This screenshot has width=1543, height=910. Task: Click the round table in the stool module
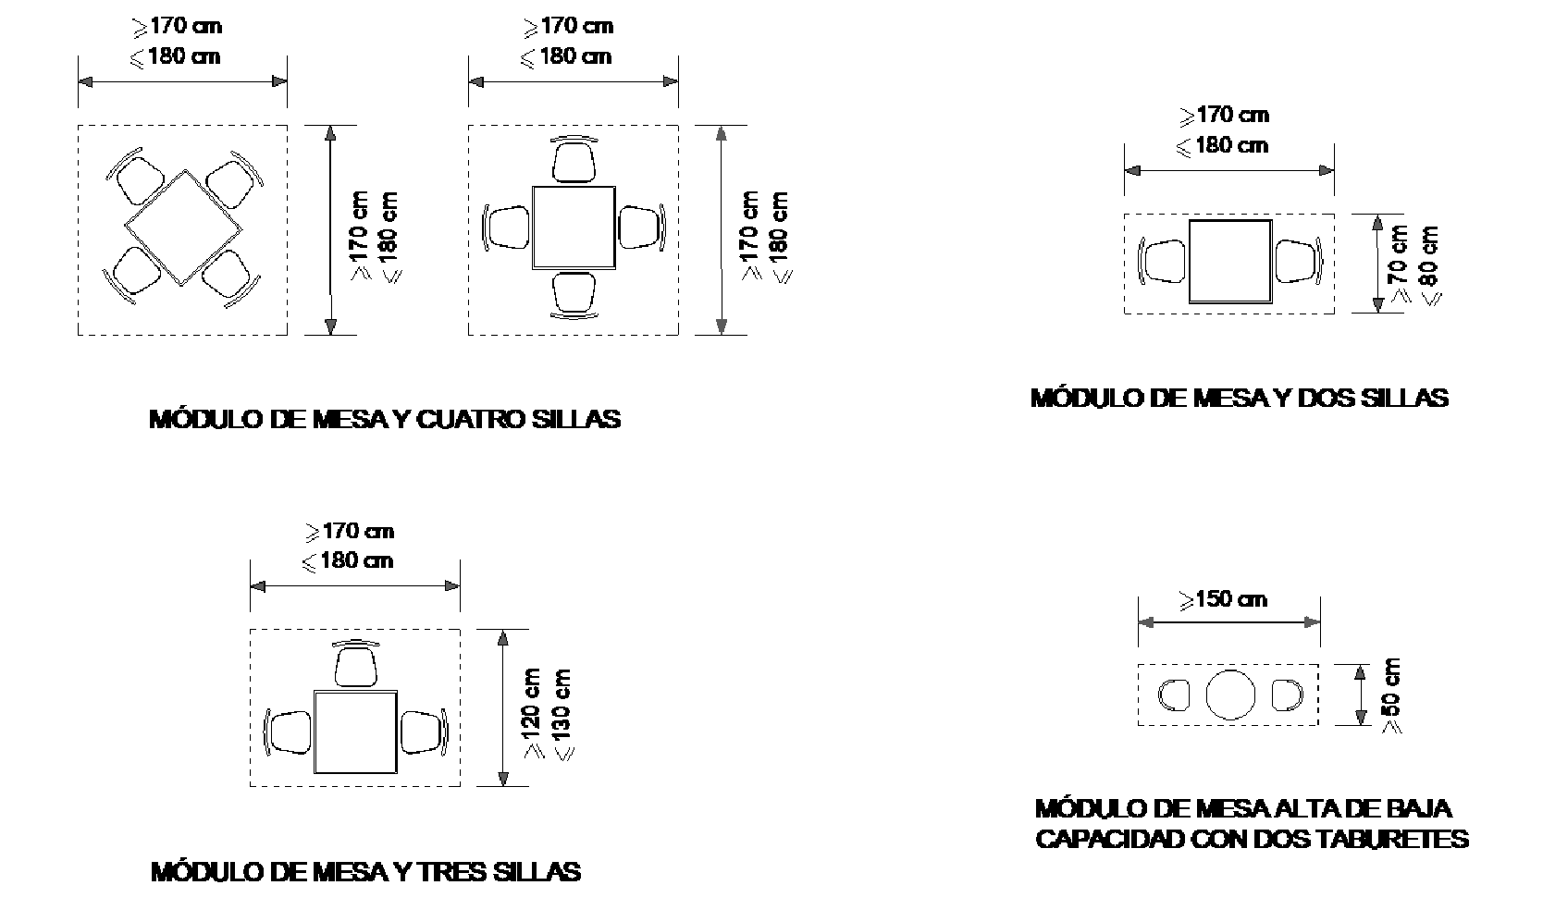[1230, 695]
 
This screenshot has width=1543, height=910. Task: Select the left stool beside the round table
[1174, 695]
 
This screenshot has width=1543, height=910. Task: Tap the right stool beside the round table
[1287, 695]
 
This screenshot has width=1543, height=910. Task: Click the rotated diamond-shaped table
[183, 227]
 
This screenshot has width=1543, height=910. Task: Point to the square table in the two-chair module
[1230, 262]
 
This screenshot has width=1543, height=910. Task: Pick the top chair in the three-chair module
[355, 663]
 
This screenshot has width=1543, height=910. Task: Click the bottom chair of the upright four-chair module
[574, 296]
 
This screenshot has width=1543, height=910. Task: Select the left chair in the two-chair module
[1162, 261]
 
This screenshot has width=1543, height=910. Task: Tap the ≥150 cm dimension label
[1223, 599]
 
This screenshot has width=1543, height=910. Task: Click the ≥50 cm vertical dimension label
[1390, 695]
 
